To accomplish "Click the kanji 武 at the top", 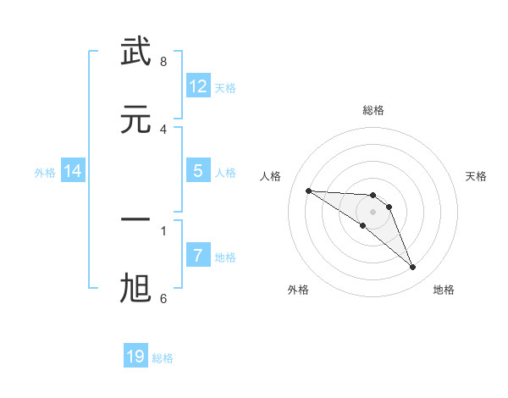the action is pos(136,52).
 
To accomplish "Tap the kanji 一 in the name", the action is pos(136,219).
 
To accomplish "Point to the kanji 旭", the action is pos(136,289).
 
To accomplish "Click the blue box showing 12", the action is pos(198,86).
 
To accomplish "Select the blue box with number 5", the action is pos(198,171).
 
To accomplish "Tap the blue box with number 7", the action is pos(198,256).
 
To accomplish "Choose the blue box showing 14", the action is pos(73,172).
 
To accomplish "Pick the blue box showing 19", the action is pos(135,357).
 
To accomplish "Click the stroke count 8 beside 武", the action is pos(163,62).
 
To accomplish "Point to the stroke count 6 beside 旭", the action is pos(163,298).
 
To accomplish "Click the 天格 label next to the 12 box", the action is pos(225,88).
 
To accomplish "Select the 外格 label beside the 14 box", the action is pos(45,173).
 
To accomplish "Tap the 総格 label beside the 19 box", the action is pos(163,358).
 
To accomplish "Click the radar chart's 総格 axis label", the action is pos(373,110).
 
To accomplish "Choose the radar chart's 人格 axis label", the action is pos(270,176).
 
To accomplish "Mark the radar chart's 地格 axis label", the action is pos(444,290).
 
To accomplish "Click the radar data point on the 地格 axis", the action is pos(413,268).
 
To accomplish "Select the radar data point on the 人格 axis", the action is pos(308,191).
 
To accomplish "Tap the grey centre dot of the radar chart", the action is pos(373,211).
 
